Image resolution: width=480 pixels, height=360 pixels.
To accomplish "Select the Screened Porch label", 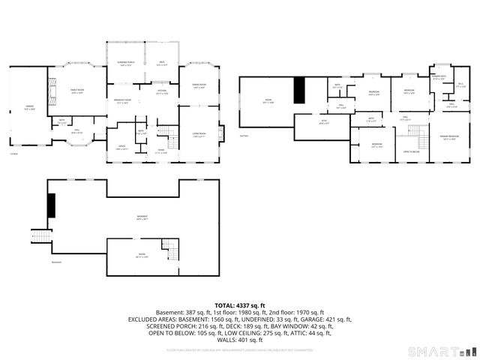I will pos(125,64).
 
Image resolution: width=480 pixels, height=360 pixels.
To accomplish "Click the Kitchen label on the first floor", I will pos(161,92).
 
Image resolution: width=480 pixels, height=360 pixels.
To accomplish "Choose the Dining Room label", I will pos(199,86).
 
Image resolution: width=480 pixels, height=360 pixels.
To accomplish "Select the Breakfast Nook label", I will pos(122,101).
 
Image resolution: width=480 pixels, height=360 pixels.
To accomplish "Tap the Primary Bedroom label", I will pos(449,138).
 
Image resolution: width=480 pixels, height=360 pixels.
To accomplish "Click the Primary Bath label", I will pos(439,77).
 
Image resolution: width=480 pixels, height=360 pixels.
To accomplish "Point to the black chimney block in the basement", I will pos(52,205).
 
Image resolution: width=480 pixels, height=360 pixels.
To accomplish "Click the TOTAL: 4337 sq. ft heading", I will pos(240,305).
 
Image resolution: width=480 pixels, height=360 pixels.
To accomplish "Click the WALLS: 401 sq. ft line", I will pos(240,340).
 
